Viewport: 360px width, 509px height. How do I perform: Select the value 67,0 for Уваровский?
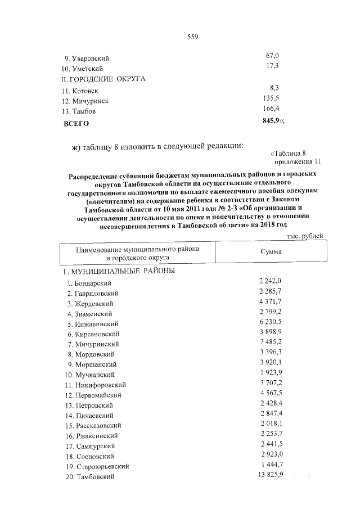point(272,56)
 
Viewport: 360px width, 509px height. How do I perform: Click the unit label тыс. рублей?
point(305,236)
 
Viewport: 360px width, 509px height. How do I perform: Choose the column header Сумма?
point(271,252)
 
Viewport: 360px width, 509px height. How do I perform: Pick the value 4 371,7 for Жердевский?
point(271,301)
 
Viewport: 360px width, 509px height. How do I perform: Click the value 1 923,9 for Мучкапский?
point(271,373)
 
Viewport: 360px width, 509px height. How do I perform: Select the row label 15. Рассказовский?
point(93,426)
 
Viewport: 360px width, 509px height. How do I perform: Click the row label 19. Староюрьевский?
point(96,467)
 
